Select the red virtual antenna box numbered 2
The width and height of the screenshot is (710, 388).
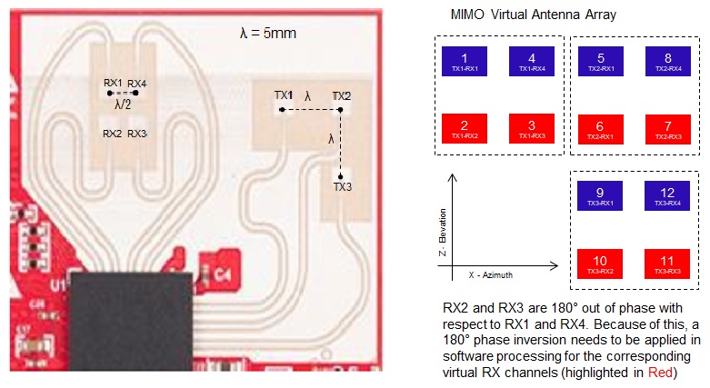465,128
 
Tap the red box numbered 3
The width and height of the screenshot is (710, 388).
530,128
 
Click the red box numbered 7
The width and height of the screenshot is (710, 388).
667,128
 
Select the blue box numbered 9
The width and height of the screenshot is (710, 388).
601,197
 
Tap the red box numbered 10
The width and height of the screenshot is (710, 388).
601,264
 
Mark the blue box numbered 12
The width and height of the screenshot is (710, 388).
667,197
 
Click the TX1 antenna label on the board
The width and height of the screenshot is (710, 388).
284,95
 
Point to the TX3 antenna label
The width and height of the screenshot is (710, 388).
342,188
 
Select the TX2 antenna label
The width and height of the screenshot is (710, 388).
342,95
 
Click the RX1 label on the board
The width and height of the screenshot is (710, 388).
113,83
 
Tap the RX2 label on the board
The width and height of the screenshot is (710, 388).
113,134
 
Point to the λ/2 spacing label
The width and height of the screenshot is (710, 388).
124,104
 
